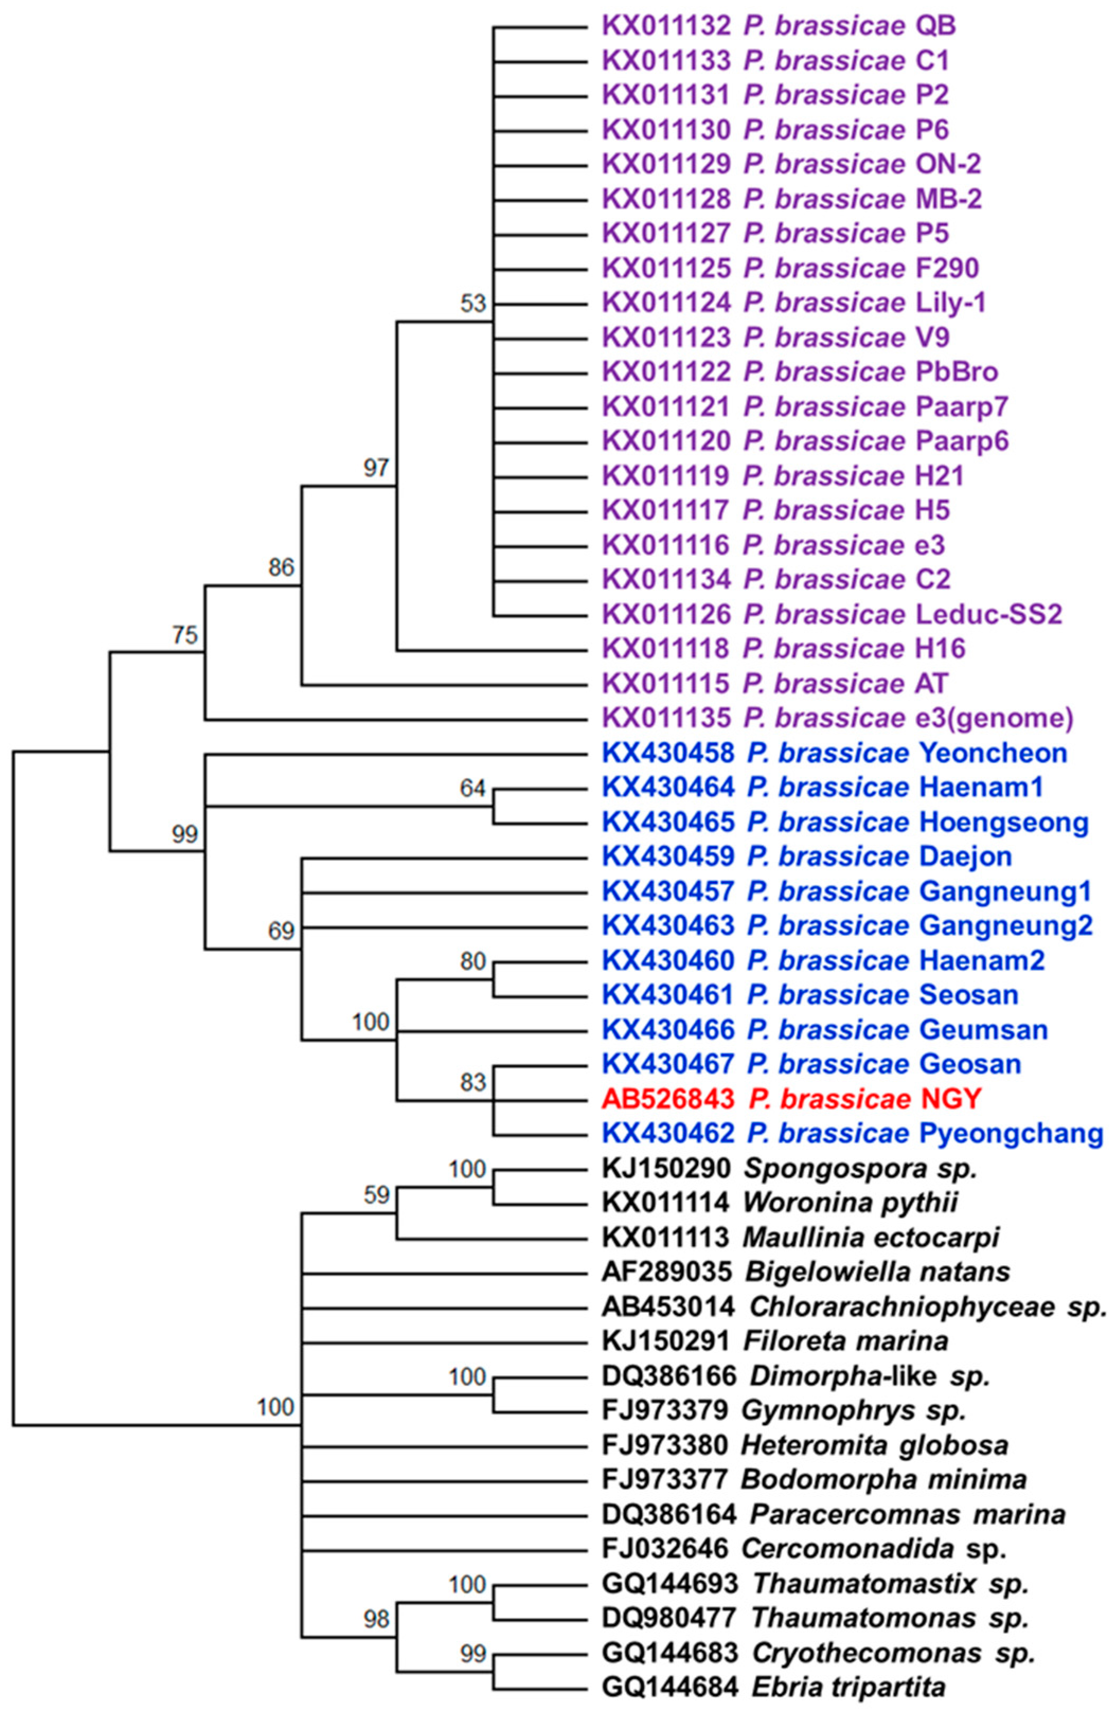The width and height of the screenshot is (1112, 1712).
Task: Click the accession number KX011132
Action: pyautogui.click(x=666, y=26)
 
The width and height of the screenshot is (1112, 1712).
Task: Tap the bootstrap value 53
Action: pyautogui.click(x=473, y=303)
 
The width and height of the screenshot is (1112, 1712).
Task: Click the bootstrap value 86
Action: pyautogui.click(x=281, y=567)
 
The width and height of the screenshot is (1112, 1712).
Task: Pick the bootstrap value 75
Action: pyautogui.click(x=184, y=635)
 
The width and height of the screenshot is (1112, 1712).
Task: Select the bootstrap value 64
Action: pyautogui.click(x=473, y=788)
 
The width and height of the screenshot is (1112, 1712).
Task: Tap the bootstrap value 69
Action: pyautogui.click(x=281, y=931)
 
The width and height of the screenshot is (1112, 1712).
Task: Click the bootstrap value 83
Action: pyautogui.click(x=473, y=1082)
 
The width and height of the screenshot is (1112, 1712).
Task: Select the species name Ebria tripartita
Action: pyautogui.click(x=848, y=1687)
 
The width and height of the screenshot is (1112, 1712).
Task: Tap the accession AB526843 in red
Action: pyautogui.click(x=668, y=1099)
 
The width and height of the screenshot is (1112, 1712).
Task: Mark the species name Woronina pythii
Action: pyautogui.click(x=850, y=1203)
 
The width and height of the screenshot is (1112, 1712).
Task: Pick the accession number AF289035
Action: pyautogui.click(x=667, y=1272)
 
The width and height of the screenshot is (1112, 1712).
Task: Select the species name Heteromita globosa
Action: pyautogui.click(x=874, y=1445)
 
